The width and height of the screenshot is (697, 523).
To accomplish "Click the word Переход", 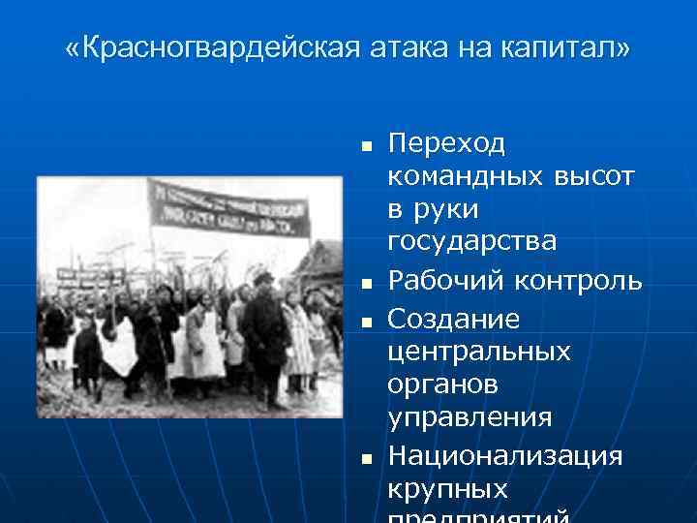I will point(446,144).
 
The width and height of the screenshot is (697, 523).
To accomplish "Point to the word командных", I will point(465,178).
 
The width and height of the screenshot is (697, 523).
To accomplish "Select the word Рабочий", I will point(441,281).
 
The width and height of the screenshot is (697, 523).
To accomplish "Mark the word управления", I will point(470,418).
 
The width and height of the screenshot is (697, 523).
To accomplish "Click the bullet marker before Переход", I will point(366,147).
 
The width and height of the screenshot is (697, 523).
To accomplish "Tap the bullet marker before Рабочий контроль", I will point(366,284).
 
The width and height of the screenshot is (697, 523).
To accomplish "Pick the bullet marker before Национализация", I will point(366,456).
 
